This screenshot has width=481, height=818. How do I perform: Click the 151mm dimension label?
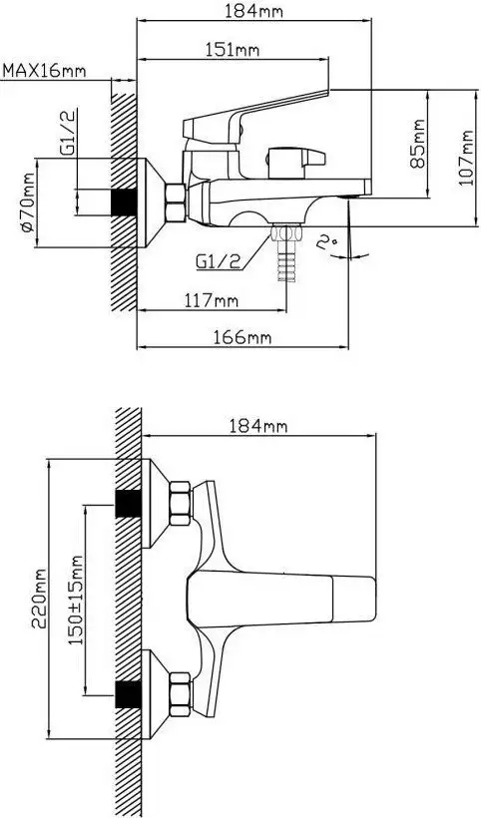click(232, 50)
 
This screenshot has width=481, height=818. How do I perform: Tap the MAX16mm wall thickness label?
click(45, 70)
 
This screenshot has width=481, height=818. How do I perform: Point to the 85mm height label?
click(417, 144)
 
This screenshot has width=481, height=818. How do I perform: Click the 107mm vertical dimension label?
click(465, 158)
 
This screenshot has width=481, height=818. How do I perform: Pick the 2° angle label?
click(327, 242)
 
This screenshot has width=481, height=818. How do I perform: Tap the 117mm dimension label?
click(211, 300)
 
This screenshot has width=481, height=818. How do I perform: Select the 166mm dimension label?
click(242, 337)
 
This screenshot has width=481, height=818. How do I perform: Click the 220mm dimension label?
click(40, 599)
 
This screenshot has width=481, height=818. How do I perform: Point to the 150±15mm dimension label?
click(76, 600)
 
